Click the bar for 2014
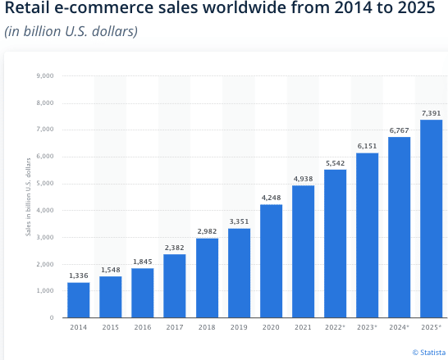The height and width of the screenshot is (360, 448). (78, 299)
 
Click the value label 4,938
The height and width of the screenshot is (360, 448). (304, 177)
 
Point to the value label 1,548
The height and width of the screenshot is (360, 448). (110, 269)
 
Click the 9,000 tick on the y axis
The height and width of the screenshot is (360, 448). (45, 76)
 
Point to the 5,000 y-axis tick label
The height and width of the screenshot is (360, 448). (45, 184)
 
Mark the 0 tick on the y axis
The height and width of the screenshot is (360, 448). (51, 317)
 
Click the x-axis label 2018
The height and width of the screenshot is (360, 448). (207, 328)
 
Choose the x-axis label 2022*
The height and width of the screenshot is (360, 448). (336, 328)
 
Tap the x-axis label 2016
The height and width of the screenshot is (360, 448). (143, 328)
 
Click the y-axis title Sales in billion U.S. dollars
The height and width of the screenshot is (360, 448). (28, 197)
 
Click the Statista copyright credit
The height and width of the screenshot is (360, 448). (426, 352)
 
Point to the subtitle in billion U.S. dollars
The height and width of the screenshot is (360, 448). (71, 32)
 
